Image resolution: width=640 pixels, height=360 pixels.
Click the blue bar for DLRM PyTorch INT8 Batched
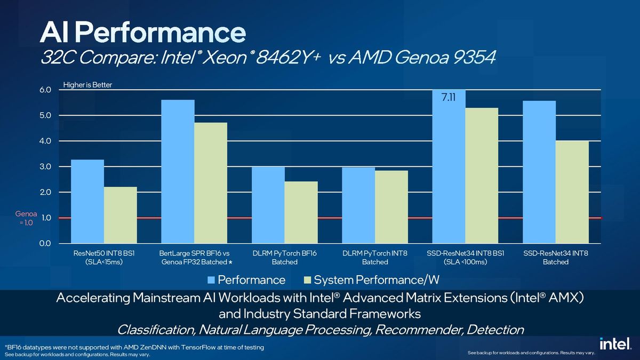[x=358, y=205]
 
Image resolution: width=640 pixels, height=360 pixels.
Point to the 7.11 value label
[x=449, y=98]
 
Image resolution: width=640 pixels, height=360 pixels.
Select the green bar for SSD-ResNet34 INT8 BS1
[x=482, y=175]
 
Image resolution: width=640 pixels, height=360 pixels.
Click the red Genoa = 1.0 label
[x=26, y=218]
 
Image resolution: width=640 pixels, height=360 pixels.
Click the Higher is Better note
[x=87, y=84]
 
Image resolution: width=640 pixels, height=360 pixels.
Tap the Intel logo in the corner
[x=612, y=345]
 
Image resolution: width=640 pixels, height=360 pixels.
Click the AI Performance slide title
[x=143, y=34]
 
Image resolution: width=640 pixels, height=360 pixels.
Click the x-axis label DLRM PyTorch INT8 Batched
[x=375, y=258]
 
